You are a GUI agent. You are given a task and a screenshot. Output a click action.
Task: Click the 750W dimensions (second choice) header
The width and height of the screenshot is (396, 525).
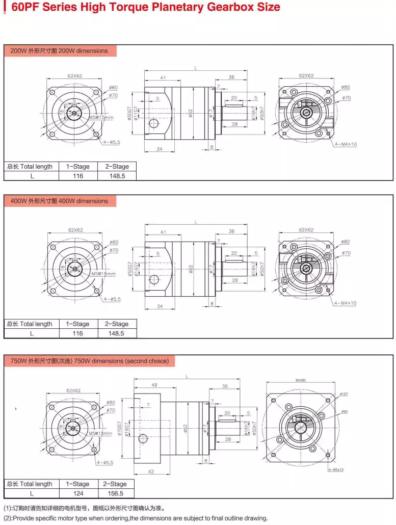89,361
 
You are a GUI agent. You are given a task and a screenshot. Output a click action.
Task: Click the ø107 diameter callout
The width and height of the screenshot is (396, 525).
344,395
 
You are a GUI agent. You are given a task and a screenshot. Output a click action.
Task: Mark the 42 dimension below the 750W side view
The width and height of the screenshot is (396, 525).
151,471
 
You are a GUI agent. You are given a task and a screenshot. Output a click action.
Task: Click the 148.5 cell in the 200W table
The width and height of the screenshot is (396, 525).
116,176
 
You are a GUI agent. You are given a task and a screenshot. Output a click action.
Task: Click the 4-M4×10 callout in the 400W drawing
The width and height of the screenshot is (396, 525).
346,303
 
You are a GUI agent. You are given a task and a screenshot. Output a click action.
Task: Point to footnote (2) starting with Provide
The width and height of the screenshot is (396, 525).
135,518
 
